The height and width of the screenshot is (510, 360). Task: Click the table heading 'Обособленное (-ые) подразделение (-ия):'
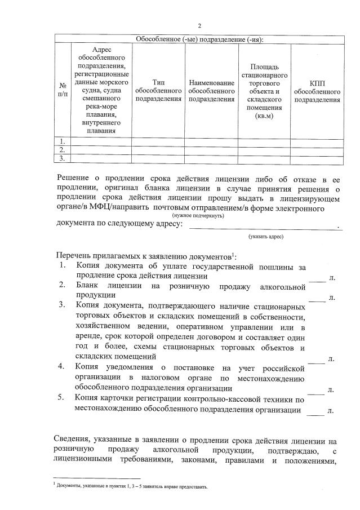(x=199, y=39)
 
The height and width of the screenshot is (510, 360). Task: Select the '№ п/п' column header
(x=61, y=89)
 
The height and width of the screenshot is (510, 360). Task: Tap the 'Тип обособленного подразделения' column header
(x=158, y=90)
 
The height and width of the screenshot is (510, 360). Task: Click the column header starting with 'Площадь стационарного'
(x=264, y=90)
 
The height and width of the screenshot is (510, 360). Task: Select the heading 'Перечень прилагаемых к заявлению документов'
(x=144, y=256)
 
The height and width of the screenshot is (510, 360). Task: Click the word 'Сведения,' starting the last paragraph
(x=73, y=440)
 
